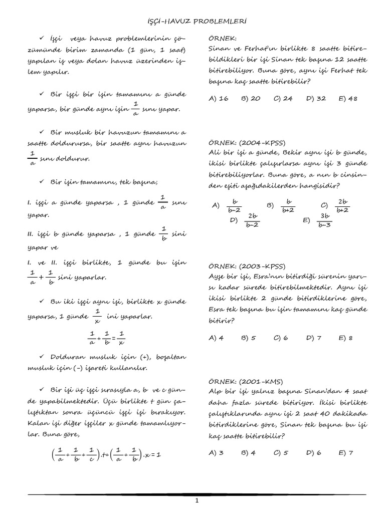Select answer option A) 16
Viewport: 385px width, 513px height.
click(218, 99)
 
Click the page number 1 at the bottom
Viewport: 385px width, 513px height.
click(197, 500)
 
